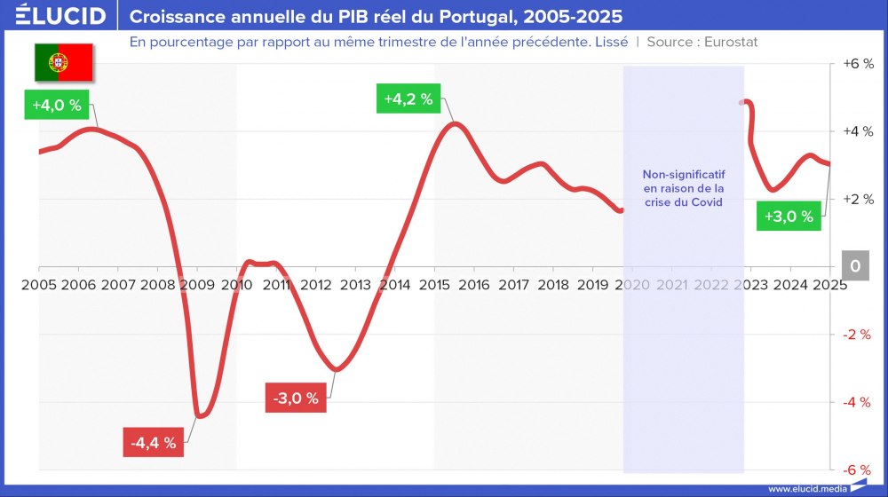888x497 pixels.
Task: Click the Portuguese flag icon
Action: pos(64,61)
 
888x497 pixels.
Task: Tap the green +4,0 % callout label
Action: pos(57,106)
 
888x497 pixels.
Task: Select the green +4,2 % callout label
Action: pos(408,99)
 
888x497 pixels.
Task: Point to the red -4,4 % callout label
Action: pos(153,441)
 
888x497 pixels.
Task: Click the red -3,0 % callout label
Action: pos(295,398)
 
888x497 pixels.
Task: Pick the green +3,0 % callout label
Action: pos(789,217)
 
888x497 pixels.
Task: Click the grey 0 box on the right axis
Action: pos(855,266)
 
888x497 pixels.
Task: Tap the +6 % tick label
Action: pos(857,64)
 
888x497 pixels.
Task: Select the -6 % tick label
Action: pos(858,469)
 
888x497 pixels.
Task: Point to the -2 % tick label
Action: pos(858,335)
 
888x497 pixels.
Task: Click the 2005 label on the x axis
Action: pos(39,285)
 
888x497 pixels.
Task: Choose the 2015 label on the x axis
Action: pos(434,285)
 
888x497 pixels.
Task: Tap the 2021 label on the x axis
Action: pos(671,285)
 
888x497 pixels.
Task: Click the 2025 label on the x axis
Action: pos(829,285)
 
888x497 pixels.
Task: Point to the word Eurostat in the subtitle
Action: pos(730,42)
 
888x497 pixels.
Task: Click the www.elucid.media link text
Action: pos(807,488)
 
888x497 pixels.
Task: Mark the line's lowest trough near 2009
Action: pos(200,415)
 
